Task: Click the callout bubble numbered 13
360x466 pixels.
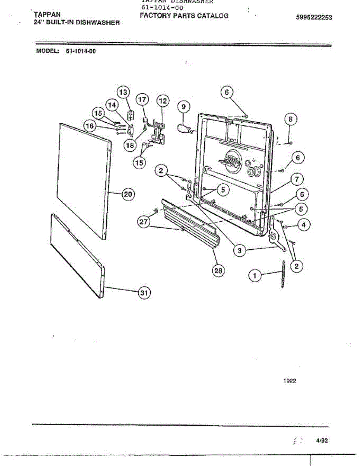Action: [x=123, y=92]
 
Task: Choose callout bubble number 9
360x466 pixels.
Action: [x=184, y=106]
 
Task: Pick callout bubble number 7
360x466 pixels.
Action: [x=296, y=179]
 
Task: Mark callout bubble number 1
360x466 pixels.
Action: [x=255, y=275]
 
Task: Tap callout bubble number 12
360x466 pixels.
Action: [x=163, y=101]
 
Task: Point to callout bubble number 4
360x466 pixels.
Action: [x=304, y=224]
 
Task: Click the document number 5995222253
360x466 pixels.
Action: [x=314, y=17]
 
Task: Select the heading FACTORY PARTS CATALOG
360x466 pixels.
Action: [x=184, y=16]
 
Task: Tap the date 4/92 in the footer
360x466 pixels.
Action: [x=322, y=440]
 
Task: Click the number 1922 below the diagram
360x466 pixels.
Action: [x=290, y=381]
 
